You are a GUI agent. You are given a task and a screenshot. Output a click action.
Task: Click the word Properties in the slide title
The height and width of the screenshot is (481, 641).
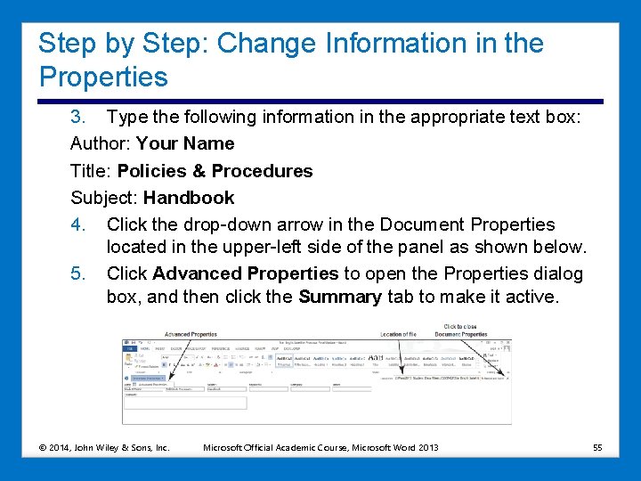click(x=103, y=77)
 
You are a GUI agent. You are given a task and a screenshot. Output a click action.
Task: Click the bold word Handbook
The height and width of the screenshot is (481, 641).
click(x=188, y=198)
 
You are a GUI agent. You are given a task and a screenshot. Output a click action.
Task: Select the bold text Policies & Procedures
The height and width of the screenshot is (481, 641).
click(x=215, y=171)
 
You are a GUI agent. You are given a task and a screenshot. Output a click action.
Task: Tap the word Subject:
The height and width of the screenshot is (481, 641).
click(x=104, y=198)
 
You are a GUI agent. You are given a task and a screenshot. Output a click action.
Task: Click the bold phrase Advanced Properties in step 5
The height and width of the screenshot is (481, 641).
click(x=246, y=274)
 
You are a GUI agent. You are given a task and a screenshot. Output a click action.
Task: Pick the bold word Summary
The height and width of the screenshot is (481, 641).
click(x=340, y=297)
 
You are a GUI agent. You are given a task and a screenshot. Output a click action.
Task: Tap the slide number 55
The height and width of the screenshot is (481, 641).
click(x=596, y=446)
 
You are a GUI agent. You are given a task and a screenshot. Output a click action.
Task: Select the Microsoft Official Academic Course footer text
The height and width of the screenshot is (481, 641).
click(x=321, y=446)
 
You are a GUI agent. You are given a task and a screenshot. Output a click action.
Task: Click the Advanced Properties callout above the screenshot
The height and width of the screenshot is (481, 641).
click(x=191, y=335)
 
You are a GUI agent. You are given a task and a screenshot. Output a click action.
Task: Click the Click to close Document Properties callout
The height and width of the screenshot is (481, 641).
click(x=461, y=330)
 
